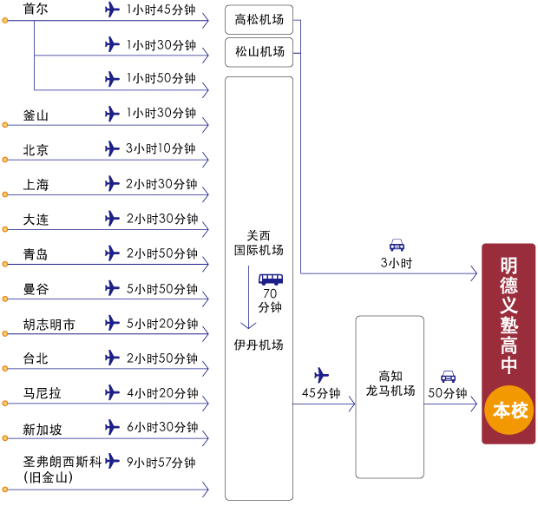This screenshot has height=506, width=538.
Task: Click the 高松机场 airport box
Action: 259,20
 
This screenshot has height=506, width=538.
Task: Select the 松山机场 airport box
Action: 259,52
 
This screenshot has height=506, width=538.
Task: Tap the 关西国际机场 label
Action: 259,243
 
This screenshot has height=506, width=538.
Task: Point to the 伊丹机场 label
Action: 259,345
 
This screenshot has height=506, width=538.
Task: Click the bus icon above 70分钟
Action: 271,279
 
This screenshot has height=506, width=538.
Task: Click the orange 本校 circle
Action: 509,410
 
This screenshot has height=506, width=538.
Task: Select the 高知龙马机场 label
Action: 390,384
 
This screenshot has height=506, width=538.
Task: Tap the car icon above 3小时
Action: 397,245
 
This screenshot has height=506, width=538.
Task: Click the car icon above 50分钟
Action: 448,377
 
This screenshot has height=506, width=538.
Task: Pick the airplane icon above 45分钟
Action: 321,375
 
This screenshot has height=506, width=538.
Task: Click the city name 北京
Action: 36,150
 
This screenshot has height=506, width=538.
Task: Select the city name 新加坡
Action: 43,429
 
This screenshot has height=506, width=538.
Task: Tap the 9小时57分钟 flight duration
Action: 161,463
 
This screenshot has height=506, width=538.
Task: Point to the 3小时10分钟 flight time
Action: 161,148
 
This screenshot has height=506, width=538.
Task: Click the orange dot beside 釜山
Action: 5,125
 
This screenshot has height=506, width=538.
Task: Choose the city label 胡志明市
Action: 49,325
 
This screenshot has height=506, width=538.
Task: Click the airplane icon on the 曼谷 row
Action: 112,288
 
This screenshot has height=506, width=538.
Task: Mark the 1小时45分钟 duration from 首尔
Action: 161,10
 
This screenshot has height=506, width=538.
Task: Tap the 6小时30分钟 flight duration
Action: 162,427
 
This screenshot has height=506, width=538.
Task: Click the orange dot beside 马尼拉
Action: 5,404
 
